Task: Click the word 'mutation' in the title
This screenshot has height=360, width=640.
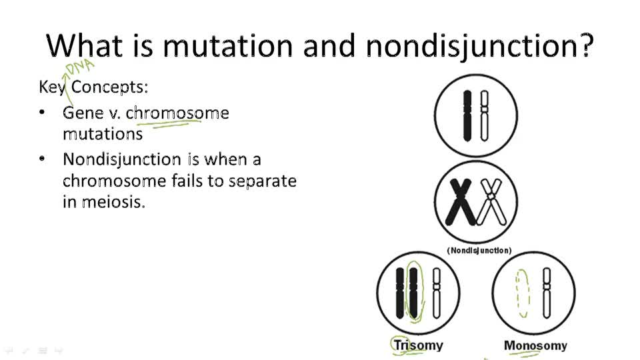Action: [x=227, y=45]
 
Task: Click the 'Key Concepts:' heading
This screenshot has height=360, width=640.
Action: [x=93, y=87]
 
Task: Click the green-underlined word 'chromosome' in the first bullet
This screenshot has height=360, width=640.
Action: [x=177, y=113]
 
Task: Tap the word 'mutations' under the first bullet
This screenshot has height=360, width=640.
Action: [x=103, y=133]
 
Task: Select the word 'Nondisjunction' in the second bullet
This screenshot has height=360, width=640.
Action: [x=121, y=159]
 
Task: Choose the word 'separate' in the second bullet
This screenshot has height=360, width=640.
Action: [x=262, y=181]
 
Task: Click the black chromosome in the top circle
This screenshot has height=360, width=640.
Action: [x=467, y=115]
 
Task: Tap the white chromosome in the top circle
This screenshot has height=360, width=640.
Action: [x=485, y=115]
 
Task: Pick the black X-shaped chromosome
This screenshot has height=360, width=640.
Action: [x=459, y=203]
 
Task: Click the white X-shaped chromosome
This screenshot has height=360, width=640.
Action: [x=491, y=203]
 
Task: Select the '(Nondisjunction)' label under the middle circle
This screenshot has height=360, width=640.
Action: [x=479, y=251]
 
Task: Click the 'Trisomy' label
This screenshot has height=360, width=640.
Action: [x=418, y=345]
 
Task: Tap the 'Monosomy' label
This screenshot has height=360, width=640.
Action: [x=535, y=345]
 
